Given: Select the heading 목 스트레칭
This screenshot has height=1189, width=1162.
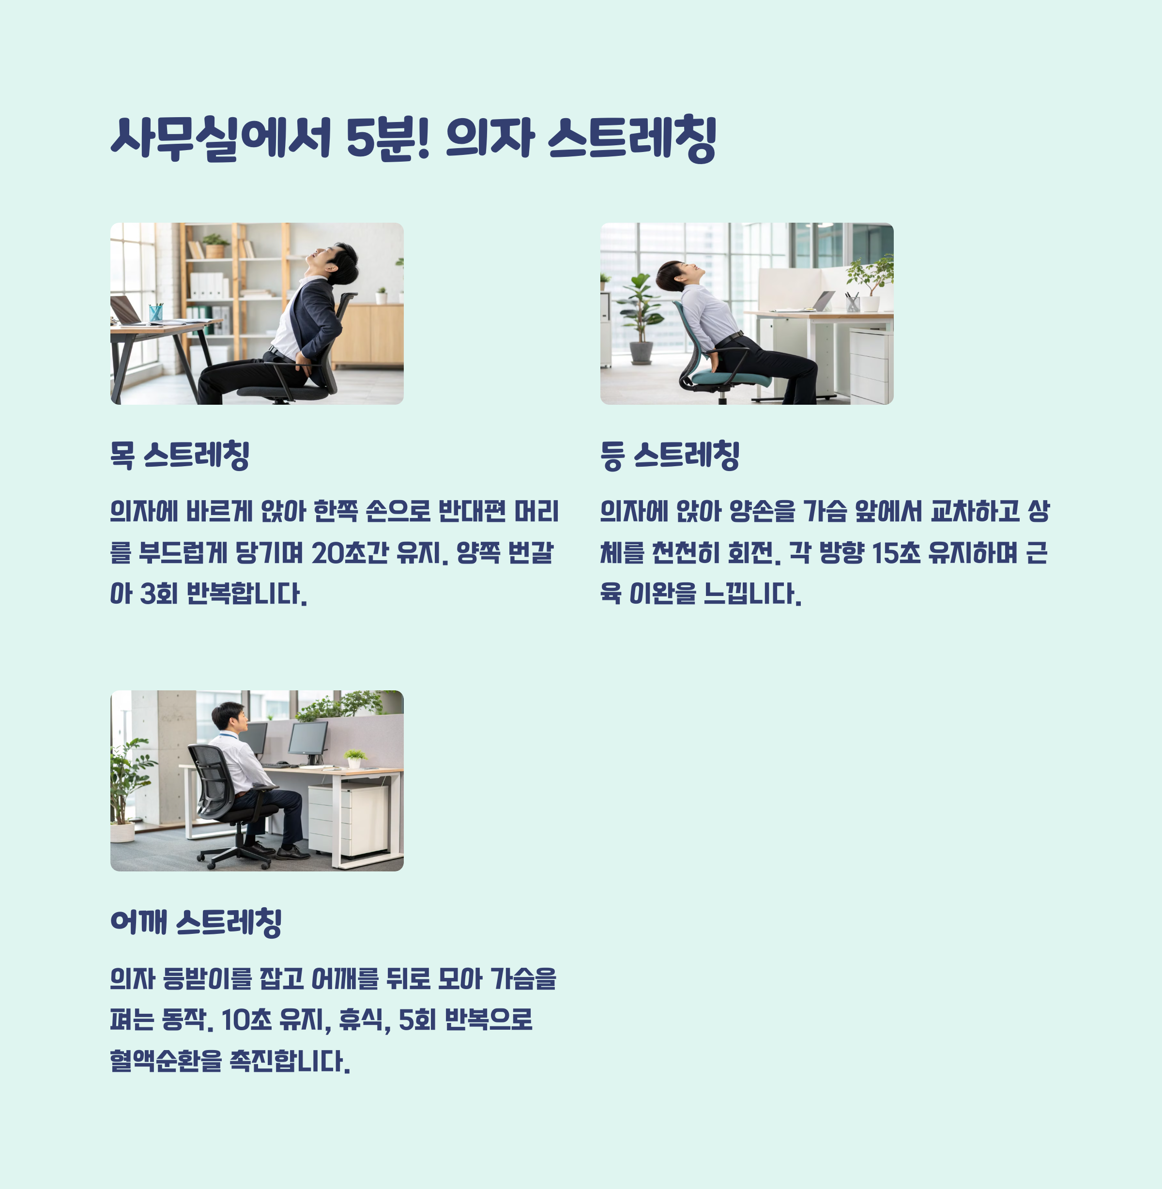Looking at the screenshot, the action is pos(180,456).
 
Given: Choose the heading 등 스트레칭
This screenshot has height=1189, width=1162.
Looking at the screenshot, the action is pos(670,456).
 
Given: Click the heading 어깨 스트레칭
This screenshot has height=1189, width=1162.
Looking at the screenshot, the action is pos(196,922).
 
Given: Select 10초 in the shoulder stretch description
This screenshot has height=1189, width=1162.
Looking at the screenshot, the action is pos(246,1020).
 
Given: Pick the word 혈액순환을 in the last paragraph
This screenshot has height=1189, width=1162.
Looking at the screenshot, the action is pos(166,1061).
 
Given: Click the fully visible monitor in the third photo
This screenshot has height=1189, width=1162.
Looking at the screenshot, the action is pos(308,740).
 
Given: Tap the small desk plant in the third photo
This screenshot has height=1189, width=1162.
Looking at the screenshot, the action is pos(354,758).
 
